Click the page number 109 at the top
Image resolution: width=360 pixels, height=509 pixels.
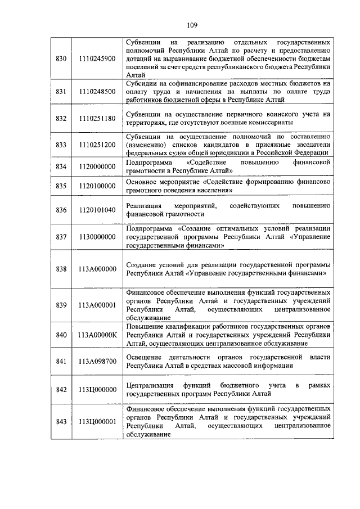[x=191, y=25]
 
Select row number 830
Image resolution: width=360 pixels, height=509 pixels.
[x=61, y=58]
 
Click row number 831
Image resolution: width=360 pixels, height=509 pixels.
[x=61, y=91]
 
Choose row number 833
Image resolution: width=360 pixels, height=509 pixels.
[x=61, y=145]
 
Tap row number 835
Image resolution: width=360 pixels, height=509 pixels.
[x=61, y=186]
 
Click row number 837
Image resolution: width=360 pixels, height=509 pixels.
[x=61, y=237]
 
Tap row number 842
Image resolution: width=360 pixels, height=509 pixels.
[x=61, y=389]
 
